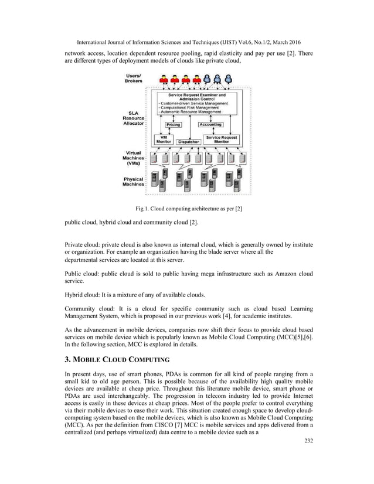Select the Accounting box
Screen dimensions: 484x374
[x=210, y=125]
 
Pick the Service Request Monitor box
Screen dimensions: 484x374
[x=221, y=139]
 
